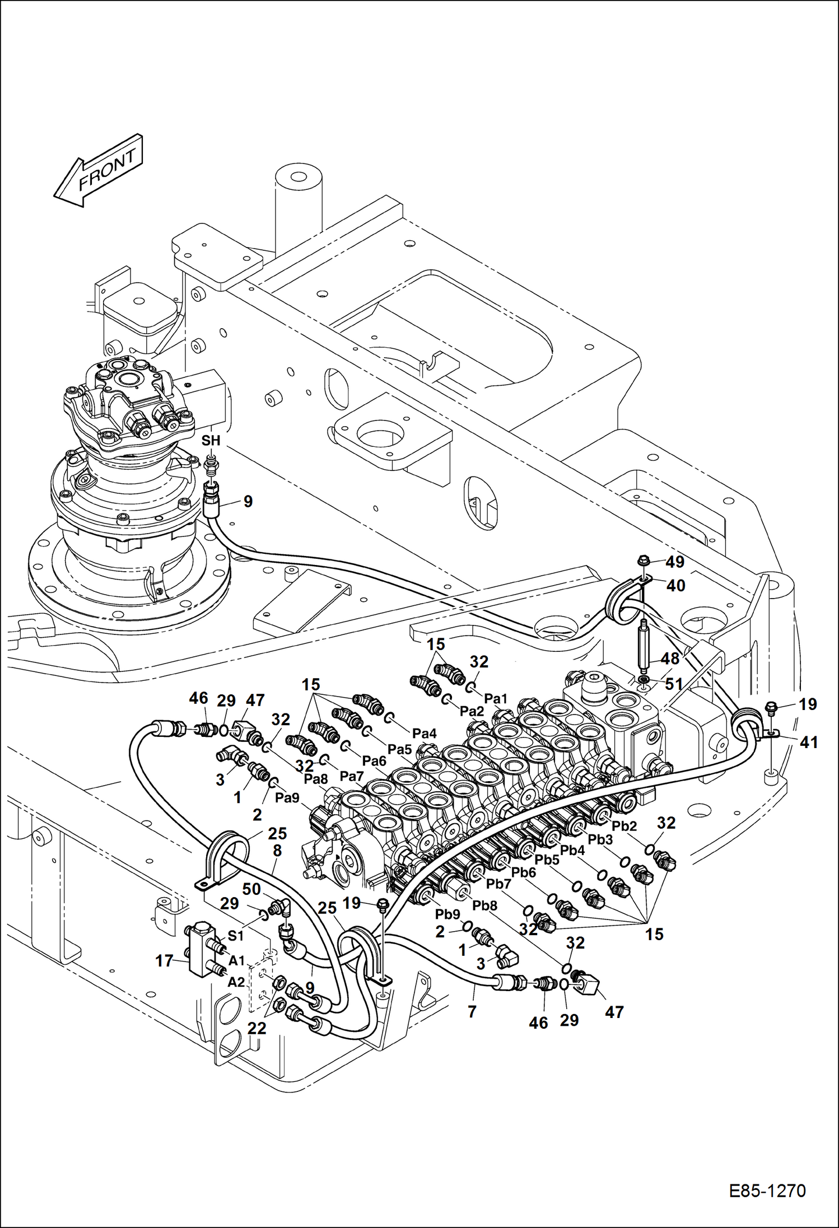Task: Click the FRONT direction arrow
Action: click(x=99, y=170)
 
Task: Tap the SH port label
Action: click(x=211, y=441)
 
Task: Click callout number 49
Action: click(x=675, y=562)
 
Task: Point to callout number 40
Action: click(x=675, y=586)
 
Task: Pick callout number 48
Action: click(x=670, y=659)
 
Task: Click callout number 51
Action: click(x=674, y=684)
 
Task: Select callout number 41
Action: click(x=809, y=743)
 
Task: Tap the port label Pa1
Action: click(x=495, y=698)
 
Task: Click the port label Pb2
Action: click(x=624, y=826)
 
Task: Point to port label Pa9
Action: click(x=287, y=798)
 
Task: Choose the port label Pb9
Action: click(x=448, y=914)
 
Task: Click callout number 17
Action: click(x=164, y=961)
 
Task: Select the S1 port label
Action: click(x=235, y=936)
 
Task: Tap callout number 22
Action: click(x=257, y=1028)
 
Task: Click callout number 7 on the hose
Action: click(x=472, y=1011)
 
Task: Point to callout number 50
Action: click(x=251, y=889)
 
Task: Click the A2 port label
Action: click(x=236, y=982)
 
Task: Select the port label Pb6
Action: click(x=523, y=872)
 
